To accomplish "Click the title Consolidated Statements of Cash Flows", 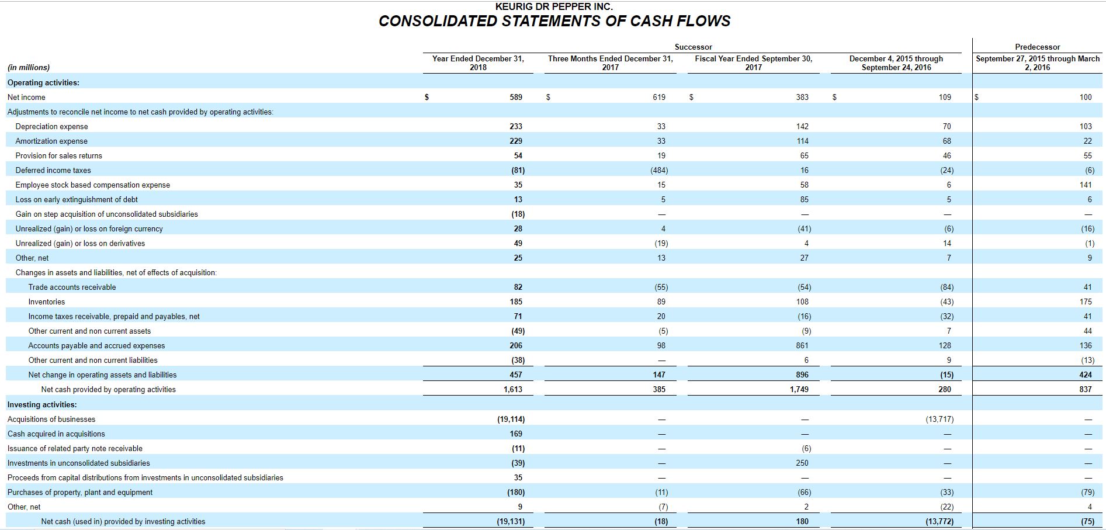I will pyautogui.click(x=554, y=21).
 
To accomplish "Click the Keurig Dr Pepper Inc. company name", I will pyautogui.click(x=554, y=6).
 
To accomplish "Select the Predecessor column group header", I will pyautogui.click(x=1037, y=47).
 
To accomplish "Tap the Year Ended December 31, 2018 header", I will pyautogui.click(x=478, y=63).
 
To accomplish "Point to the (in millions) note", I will pyautogui.click(x=29, y=67).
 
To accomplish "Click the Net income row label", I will pyautogui.click(x=26, y=97).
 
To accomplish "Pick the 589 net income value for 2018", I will pyautogui.click(x=515, y=97).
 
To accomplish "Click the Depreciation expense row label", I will pyautogui.click(x=51, y=126).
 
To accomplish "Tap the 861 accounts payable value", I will pyautogui.click(x=802, y=345).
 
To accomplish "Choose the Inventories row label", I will pyautogui.click(x=47, y=302).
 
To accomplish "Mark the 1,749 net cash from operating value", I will pyautogui.click(x=799, y=389).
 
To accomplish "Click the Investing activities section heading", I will pyautogui.click(x=42, y=404).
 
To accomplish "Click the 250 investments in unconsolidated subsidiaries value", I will pyautogui.click(x=802, y=463).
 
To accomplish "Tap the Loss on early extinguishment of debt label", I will pyautogui.click(x=77, y=199).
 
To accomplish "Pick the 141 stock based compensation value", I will pyautogui.click(x=1086, y=185).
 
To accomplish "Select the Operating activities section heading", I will pyautogui.click(x=43, y=82).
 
